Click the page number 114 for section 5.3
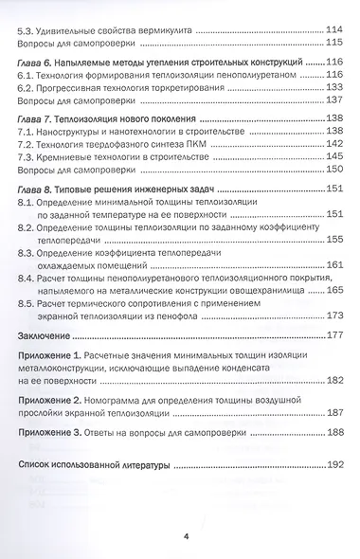coord(333,28)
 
